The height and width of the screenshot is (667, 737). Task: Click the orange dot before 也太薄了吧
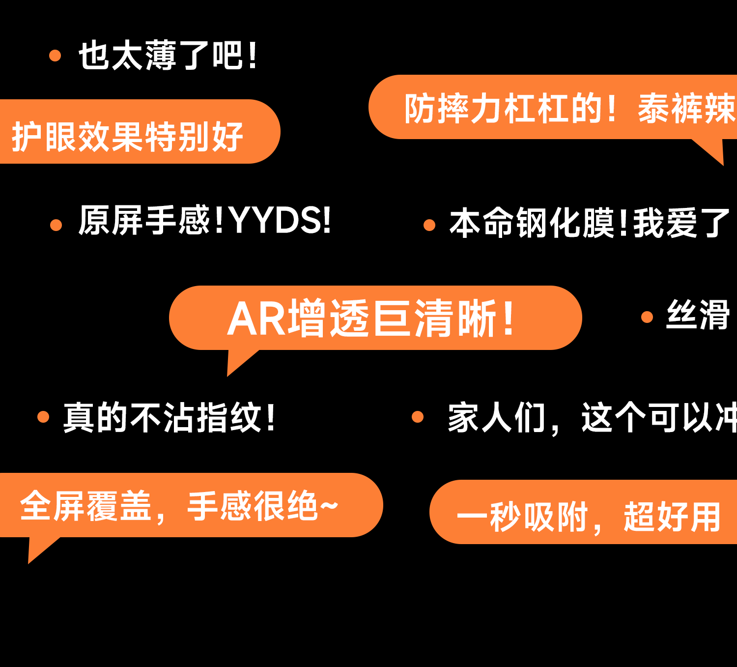pos(55,56)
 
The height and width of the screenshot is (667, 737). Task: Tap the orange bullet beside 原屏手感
pos(56,225)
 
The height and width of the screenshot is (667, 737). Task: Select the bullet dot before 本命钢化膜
pos(429,225)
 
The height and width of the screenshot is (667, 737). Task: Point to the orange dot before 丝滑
pos(647,317)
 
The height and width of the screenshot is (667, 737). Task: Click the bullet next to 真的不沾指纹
pos(43,417)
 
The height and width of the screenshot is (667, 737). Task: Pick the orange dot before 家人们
pos(418,417)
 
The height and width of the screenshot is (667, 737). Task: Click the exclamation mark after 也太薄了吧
pos(253,56)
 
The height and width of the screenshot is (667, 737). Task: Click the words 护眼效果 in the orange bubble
pos(77,137)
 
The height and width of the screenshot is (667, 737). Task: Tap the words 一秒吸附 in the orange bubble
pos(522,517)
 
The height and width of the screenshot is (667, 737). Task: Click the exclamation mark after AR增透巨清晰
pos(509,319)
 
